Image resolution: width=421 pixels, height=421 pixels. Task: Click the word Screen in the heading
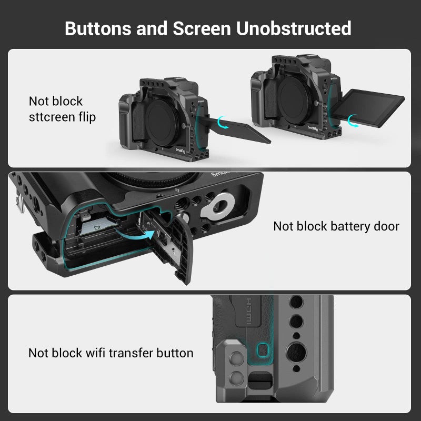(x=203, y=28)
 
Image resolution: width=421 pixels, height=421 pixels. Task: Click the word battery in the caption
(x=349, y=226)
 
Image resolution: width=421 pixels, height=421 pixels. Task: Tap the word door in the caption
(x=387, y=226)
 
